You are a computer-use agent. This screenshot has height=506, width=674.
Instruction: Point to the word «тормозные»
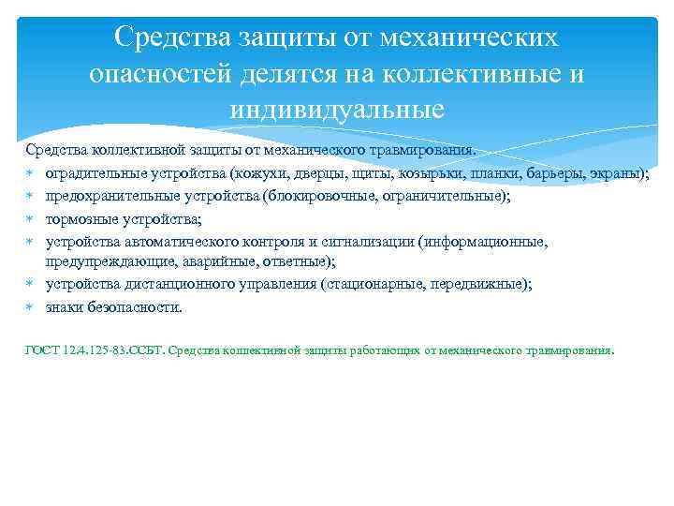[81, 218]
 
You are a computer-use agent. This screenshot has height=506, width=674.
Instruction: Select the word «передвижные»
[481, 285]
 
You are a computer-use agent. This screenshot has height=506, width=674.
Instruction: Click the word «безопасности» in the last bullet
[134, 307]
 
